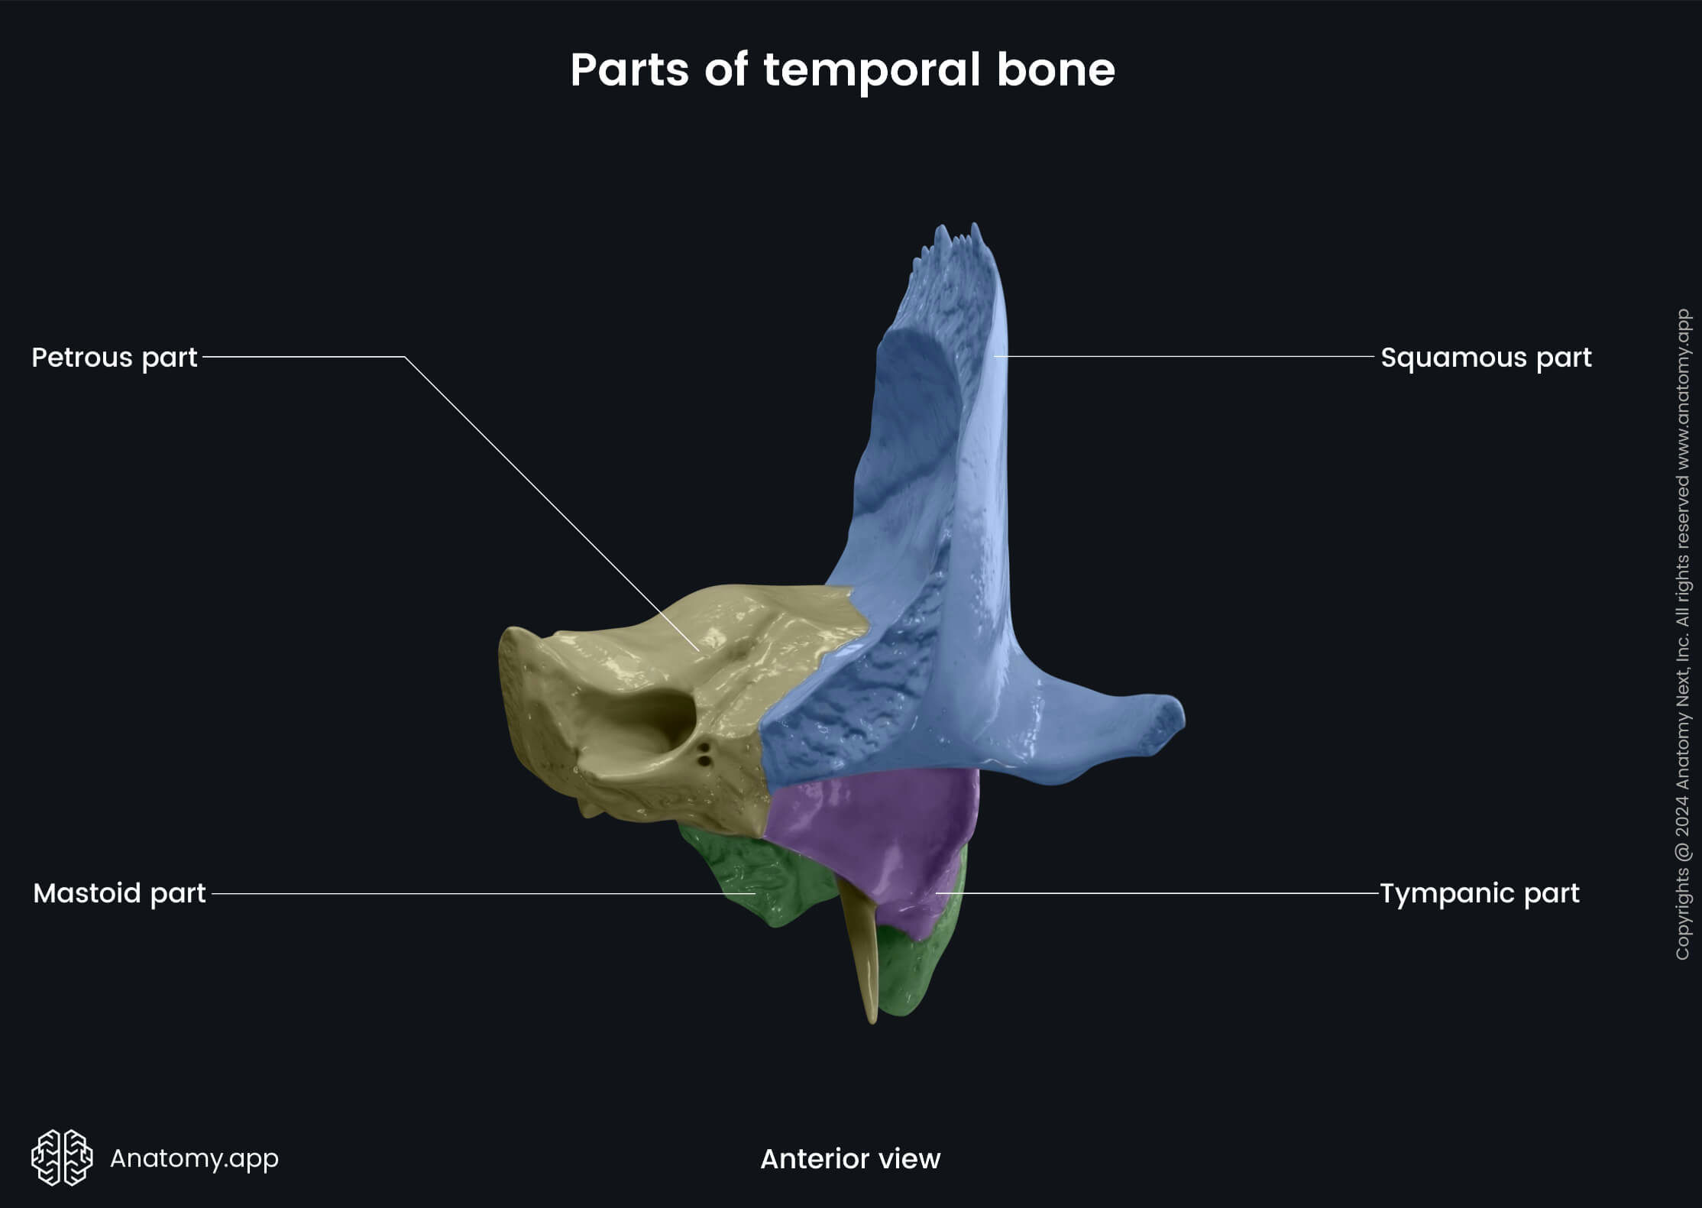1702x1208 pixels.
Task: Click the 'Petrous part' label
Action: pos(115,358)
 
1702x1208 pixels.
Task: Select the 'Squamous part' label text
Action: pos(1486,358)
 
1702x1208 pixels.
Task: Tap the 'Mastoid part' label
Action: pos(119,893)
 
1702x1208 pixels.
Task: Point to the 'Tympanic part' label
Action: pos(1479,893)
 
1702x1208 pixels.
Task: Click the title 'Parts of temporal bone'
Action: pos(843,70)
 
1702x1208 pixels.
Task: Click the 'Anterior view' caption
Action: pos(850,1159)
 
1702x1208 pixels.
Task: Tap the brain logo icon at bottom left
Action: pos(62,1158)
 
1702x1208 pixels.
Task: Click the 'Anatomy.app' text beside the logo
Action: pos(194,1158)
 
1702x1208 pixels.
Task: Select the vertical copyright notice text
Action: pos(1682,634)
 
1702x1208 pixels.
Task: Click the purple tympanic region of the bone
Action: pos(879,833)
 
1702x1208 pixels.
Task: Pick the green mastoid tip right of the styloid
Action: pos(913,970)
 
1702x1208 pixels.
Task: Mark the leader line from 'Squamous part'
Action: pos(1184,357)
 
